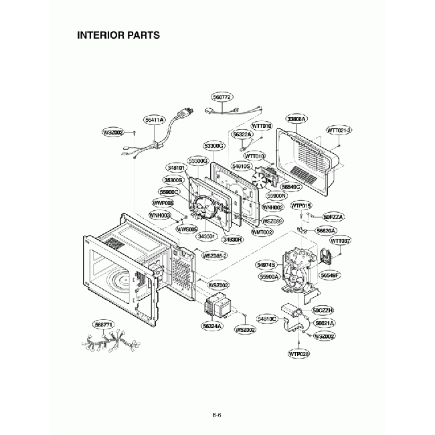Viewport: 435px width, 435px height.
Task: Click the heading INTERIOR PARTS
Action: pyautogui.click(x=118, y=35)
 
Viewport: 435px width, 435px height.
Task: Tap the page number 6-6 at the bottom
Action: pyautogui.click(x=217, y=415)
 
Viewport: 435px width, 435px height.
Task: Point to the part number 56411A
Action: pyautogui.click(x=155, y=120)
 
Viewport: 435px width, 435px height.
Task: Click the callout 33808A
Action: pyautogui.click(x=296, y=118)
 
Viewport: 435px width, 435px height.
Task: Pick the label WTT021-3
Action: pyautogui.click(x=339, y=130)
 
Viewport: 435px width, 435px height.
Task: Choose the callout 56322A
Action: pyautogui.click(x=242, y=135)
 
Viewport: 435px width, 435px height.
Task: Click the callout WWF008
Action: pyautogui.click(x=163, y=202)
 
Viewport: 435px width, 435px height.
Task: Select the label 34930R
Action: pyautogui.click(x=232, y=238)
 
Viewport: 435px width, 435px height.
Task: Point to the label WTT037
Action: pyautogui.click(x=341, y=240)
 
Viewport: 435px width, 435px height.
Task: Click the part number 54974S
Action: pyautogui.click(x=266, y=265)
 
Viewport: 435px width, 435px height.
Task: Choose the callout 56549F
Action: pyautogui.click(x=330, y=275)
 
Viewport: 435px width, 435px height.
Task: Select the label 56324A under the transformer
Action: pyautogui.click(x=211, y=326)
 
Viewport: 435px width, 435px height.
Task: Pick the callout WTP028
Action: pyautogui.click(x=299, y=353)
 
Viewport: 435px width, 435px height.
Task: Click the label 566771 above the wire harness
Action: pyautogui.click(x=104, y=325)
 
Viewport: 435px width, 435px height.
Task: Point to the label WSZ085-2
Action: pyautogui.click(x=215, y=256)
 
